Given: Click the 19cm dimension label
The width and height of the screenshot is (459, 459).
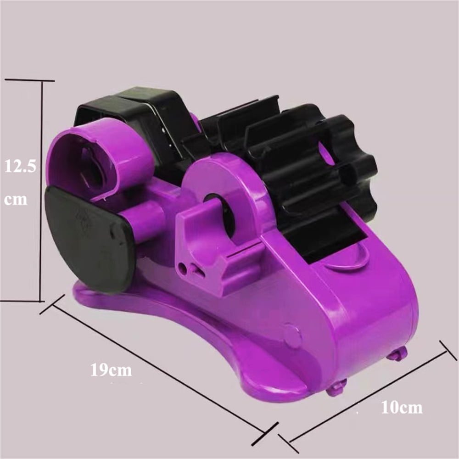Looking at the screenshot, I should [111, 369].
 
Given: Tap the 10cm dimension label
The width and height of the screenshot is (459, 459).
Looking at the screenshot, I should [401, 407].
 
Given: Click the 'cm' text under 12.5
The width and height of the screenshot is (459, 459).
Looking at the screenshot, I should [16, 200].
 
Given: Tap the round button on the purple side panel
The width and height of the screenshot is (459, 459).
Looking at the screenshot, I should [292, 336].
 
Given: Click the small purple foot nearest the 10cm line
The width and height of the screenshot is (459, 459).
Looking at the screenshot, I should [397, 353].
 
